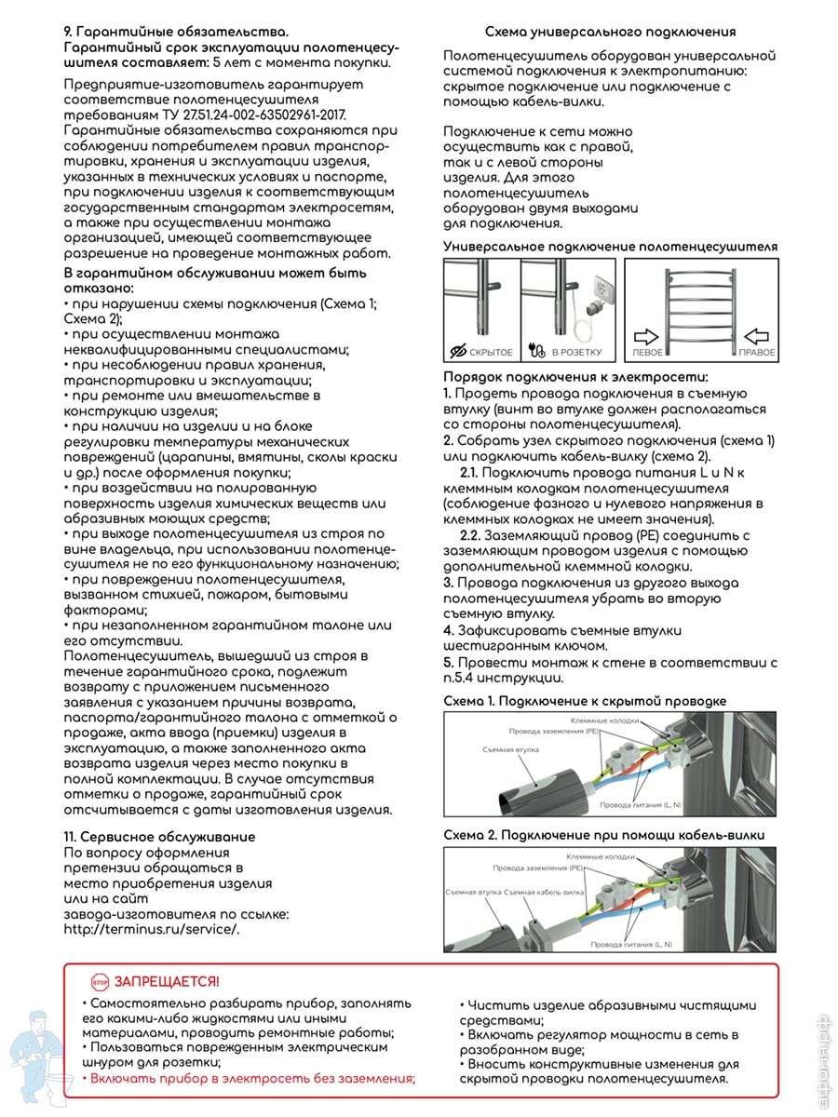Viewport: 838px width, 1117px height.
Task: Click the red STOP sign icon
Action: pos(100,982)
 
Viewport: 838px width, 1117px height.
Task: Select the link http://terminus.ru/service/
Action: pos(152,928)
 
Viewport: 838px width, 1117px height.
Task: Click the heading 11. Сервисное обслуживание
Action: pos(159,837)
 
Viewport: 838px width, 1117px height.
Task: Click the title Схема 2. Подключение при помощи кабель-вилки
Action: pos(603,835)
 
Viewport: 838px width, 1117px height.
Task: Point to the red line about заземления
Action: pos(249,1078)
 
